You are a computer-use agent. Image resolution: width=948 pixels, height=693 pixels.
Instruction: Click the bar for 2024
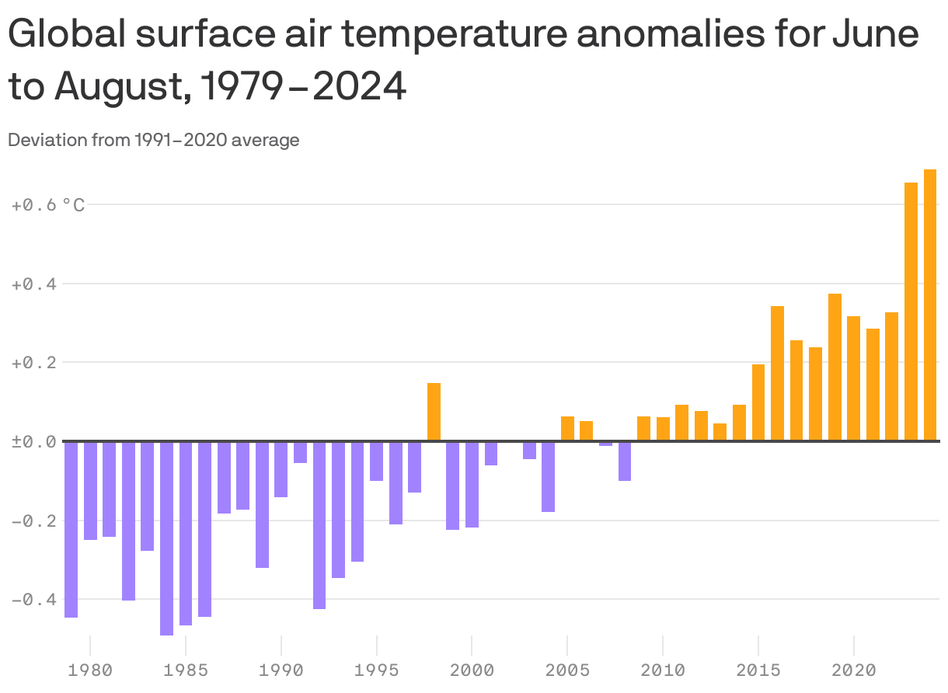click(930, 305)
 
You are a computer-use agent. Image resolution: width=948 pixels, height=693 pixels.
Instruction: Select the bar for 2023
click(911, 312)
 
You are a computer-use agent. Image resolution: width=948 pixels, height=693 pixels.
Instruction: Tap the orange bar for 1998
click(434, 412)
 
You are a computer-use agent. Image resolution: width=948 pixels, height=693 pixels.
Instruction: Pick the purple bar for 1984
click(166, 538)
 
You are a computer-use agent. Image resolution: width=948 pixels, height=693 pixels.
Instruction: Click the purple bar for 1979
click(71, 529)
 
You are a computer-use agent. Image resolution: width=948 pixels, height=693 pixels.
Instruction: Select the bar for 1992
click(319, 525)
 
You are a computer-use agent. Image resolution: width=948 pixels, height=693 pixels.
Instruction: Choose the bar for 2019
click(835, 367)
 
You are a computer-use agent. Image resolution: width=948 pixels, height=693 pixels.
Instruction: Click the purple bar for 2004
click(549, 477)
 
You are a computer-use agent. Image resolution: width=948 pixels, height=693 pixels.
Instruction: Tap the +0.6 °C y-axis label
click(47, 205)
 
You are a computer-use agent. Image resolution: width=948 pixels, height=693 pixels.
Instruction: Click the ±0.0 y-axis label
click(33, 442)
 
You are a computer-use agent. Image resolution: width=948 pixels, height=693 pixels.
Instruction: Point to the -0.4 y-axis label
click(33, 600)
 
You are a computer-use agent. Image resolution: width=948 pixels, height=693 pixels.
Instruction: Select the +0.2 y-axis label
click(33, 363)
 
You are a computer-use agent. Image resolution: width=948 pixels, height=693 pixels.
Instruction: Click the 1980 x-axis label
click(90, 669)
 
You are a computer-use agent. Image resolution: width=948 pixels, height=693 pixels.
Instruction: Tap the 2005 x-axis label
click(567, 669)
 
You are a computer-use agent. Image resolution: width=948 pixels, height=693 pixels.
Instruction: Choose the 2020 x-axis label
click(854, 669)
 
